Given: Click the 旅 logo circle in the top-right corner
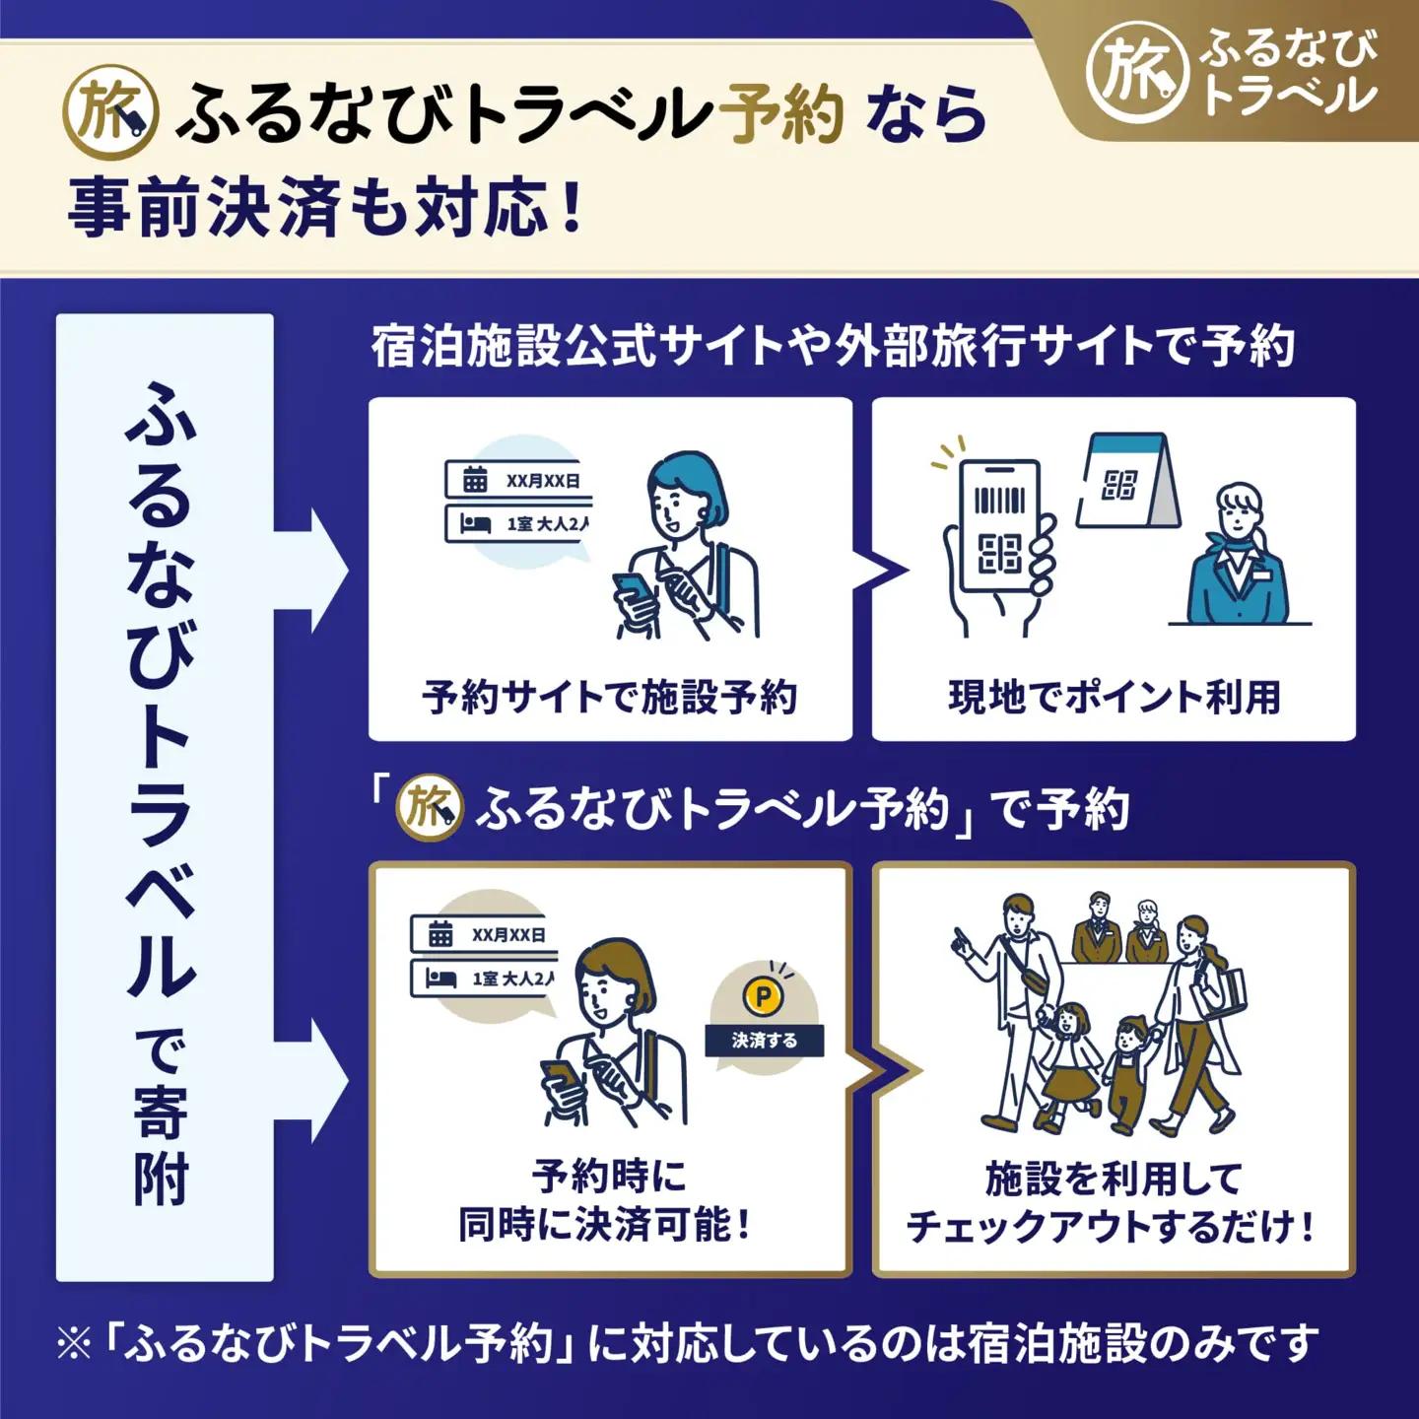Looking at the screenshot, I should (1136, 71).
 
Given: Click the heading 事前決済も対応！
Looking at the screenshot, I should (325, 207).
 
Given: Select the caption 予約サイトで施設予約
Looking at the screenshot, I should (609, 697).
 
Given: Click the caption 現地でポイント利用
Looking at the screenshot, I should (1114, 697).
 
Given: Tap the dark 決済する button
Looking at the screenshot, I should (764, 1040).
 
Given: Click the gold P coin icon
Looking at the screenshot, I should (763, 997).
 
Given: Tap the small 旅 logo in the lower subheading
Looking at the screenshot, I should (429, 808).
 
